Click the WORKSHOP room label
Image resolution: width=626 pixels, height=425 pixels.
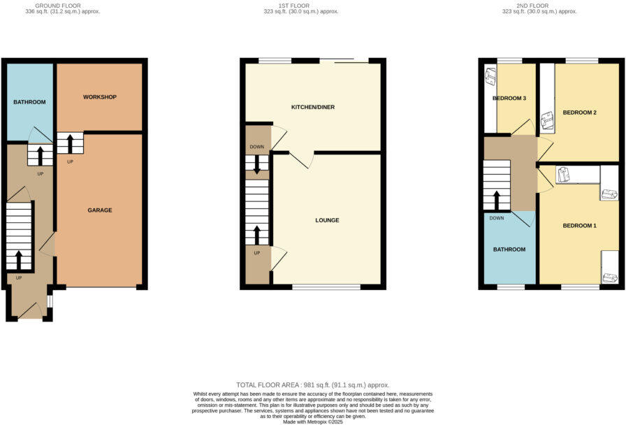pos(99,96)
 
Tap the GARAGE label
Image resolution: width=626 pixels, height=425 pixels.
pos(100,210)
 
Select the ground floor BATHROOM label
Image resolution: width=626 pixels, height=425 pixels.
pos(29,102)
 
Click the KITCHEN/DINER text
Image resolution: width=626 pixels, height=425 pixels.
pos(313,107)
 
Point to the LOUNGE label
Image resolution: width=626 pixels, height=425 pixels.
pos(327,220)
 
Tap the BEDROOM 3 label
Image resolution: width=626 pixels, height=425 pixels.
pos(509,98)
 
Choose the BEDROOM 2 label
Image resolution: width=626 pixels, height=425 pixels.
pos(579,113)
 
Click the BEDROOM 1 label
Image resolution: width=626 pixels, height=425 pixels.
pos(579,225)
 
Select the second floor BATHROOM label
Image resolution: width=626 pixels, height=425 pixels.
pos(509,249)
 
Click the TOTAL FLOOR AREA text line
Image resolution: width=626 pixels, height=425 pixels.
pos(312,385)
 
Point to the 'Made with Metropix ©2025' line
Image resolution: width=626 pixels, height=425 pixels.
pos(312,422)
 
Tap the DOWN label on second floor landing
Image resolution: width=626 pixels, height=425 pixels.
pos(497,218)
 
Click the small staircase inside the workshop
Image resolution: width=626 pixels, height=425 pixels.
pos(70,143)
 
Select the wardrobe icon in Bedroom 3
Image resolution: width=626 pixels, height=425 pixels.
pos(490,73)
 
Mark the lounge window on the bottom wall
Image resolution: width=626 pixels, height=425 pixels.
pos(326,287)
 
